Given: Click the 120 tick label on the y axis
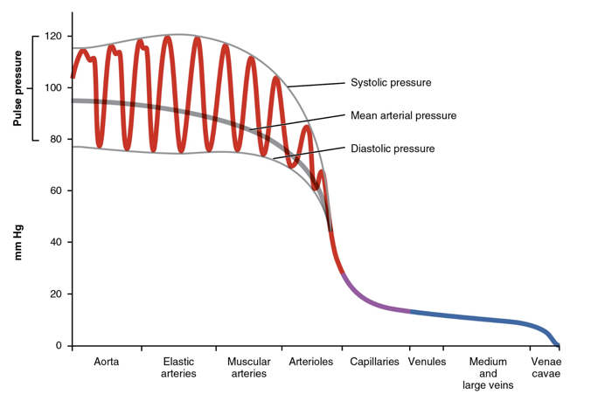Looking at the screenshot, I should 52,37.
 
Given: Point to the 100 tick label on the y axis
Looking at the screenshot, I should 52,88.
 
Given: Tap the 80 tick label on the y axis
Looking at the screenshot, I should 55,140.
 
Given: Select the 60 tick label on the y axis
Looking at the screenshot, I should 55,190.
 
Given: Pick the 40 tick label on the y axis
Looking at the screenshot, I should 55,242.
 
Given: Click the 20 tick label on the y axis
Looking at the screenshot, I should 55,294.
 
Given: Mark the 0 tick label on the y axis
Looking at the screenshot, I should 59,346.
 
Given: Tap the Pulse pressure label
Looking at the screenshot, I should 17,88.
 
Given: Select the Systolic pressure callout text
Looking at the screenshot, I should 391,83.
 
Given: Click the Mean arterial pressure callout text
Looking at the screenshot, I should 403,115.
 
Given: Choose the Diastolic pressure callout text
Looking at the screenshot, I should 393,149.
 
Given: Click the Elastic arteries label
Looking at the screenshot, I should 178,368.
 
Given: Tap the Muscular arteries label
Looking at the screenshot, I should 247,368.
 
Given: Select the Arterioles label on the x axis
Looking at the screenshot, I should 310,362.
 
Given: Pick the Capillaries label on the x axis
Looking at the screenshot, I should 375,362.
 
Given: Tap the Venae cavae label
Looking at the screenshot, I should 545,368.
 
